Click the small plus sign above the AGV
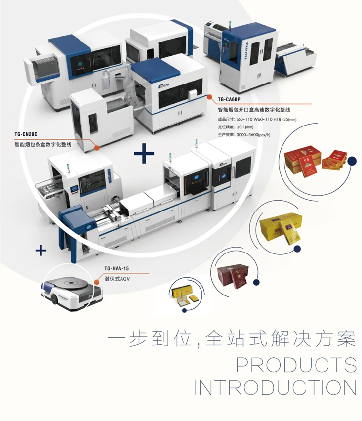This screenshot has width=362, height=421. coord(41,250)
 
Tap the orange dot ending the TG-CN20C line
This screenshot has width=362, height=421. coord(97,147)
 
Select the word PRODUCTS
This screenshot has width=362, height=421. coord(296,364)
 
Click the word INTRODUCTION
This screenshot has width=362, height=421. coord(275,387)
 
